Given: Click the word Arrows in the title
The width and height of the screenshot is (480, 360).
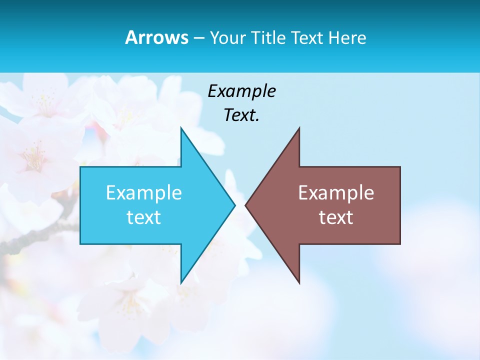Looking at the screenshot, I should point(156,37).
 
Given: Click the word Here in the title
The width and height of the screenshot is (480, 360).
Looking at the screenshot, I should point(347,37).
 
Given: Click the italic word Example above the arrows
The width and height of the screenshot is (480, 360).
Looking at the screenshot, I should point(241,91).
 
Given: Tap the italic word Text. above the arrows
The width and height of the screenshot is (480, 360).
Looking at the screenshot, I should point(241,115).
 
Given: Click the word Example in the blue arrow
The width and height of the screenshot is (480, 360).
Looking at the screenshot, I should point(144,193).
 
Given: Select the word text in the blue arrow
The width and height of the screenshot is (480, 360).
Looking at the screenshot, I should point(144,217).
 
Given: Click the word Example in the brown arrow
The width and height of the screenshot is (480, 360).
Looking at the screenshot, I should point(336,193).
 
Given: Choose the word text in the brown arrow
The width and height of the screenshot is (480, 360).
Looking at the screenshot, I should point(336,217).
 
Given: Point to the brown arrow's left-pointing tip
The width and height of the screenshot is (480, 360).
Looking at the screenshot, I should point(246,205).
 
